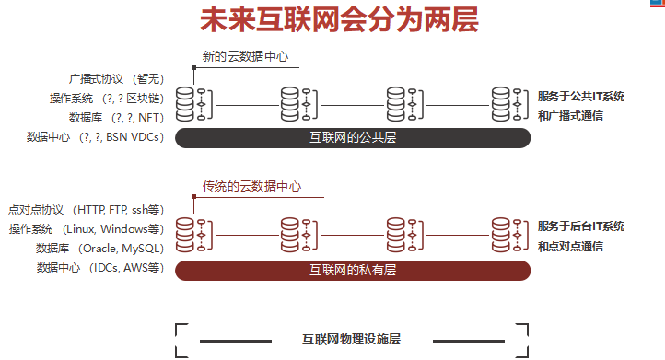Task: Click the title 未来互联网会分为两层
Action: (339, 20)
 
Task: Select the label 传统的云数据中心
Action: (251, 186)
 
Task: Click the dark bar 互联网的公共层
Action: (353, 137)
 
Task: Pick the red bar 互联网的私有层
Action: (353, 270)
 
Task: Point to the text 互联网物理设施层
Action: (352, 339)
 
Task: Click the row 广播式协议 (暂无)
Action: (116, 79)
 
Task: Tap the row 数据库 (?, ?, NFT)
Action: (116, 118)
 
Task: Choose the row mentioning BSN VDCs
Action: (96, 137)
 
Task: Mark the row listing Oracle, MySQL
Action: (99, 249)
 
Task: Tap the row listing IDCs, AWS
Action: (99, 268)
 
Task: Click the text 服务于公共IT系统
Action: (581, 97)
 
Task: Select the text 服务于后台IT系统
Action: (581, 226)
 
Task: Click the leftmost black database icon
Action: (185, 104)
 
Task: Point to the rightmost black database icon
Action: (501, 104)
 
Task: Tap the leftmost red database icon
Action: (185, 234)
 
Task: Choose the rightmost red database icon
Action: (501, 234)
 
